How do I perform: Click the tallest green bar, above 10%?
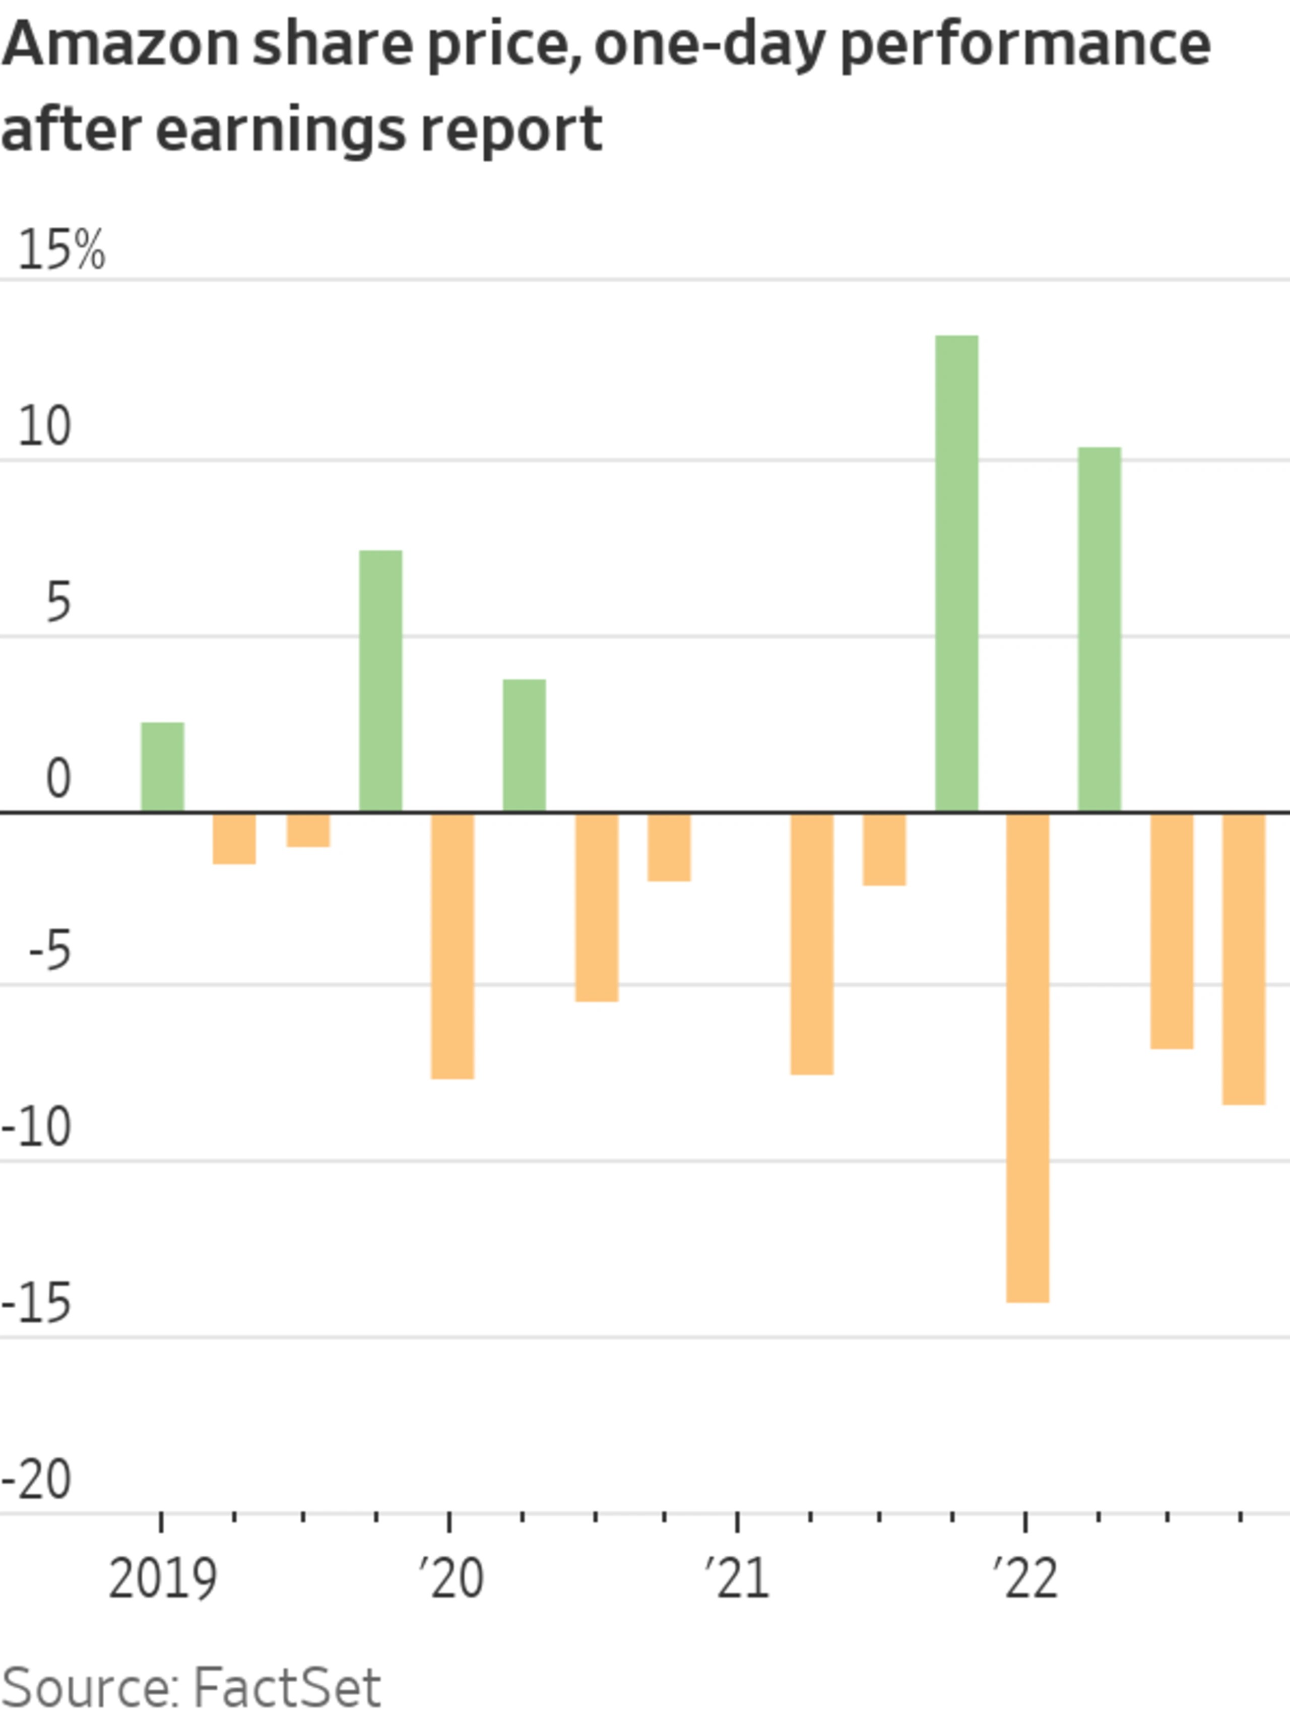[956, 574]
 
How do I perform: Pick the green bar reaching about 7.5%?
[380, 681]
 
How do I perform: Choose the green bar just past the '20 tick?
[524, 746]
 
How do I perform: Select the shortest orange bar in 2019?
[308, 830]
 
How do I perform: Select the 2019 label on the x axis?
[163, 1579]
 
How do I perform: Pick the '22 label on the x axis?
[1025, 1579]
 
